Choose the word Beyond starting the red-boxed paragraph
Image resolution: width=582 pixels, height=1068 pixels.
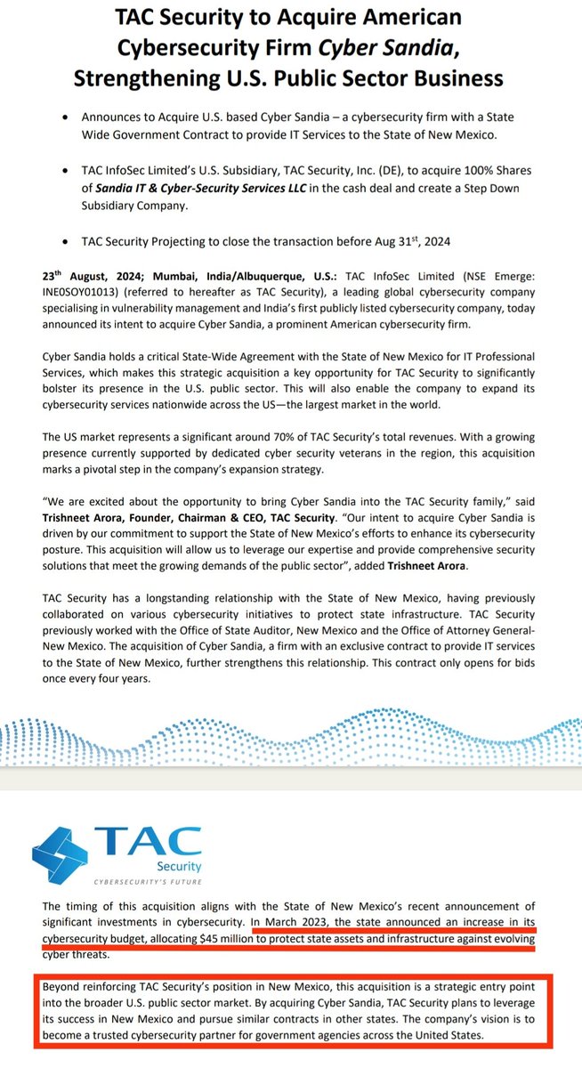(x=65, y=989)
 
